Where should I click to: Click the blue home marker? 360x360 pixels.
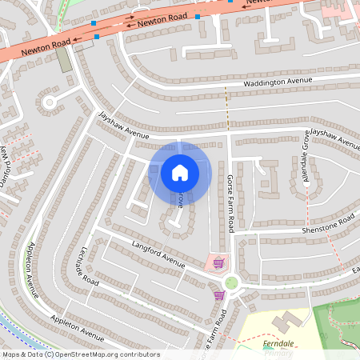pos(180,173)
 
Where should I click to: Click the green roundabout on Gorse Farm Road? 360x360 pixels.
pos(232,282)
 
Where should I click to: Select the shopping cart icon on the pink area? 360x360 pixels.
pos(218,262)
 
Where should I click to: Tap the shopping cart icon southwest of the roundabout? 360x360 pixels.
pos(218,295)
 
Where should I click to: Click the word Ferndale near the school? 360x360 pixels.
pos(278,344)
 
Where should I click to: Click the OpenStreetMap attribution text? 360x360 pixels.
pos(80,354)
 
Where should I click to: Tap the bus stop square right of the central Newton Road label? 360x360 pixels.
pos(197,17)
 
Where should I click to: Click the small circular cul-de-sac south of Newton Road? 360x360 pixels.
pos(50,102)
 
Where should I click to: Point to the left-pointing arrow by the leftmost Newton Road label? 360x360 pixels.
pos(76,39)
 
